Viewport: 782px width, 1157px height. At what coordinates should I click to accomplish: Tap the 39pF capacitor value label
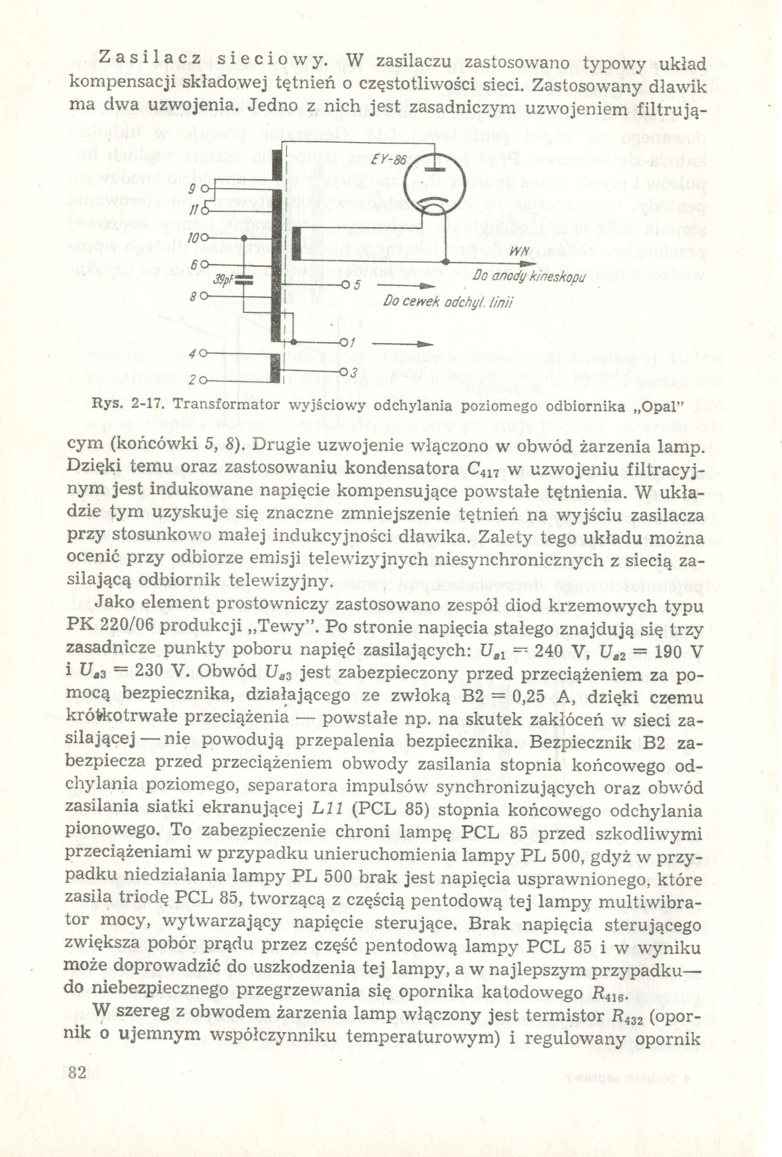[x=220, y=281]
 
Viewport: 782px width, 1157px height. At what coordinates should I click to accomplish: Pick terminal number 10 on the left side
[x=193, y=238]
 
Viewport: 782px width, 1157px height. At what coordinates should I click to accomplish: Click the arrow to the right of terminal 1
[x=402, y=344]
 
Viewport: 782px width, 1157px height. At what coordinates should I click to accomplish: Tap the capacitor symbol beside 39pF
[x=243, y=281]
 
